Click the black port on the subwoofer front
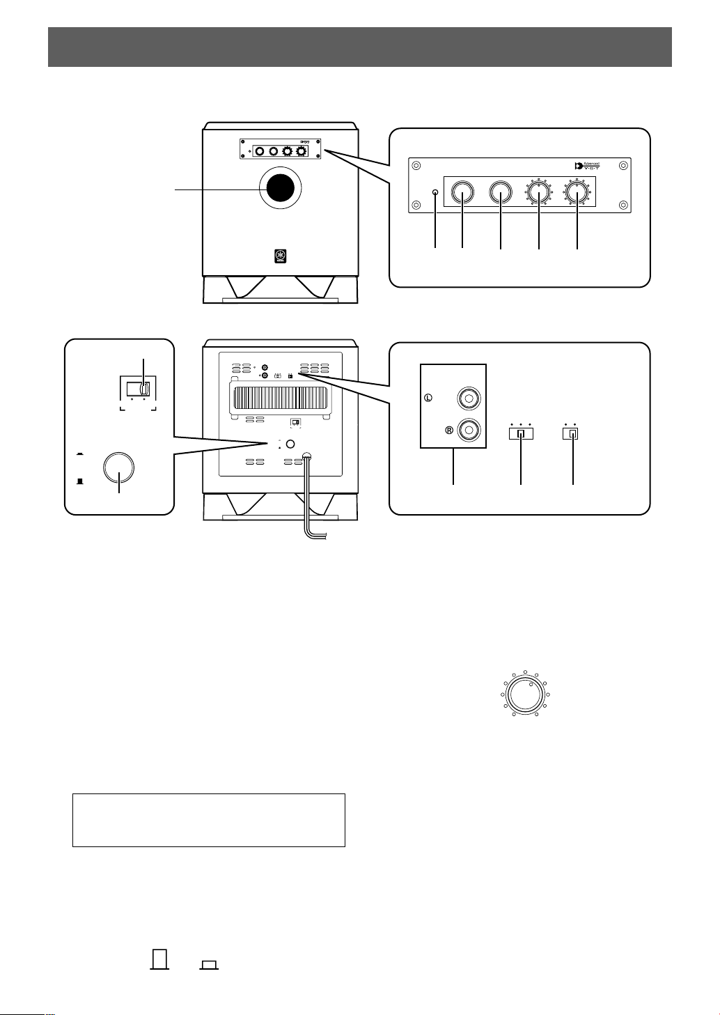click(281, 189)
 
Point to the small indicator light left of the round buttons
click(436, 193)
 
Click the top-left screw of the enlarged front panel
click(416, 166)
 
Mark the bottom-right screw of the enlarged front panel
click(624, 206)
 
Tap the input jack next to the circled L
click(467, 399)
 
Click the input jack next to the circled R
click(467, 430)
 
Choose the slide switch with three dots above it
click(521, 433)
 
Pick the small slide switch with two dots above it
click(573, 433)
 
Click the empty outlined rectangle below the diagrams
click(209, 819)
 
